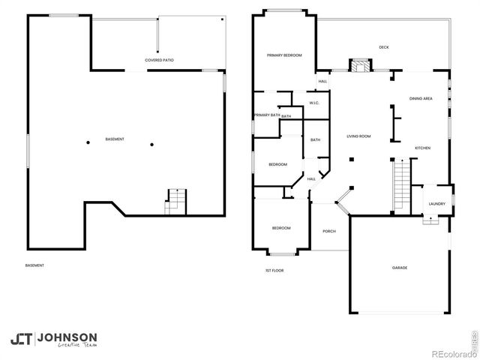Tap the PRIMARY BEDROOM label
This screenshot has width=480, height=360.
[284, 55]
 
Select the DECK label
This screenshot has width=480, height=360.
[383, 47]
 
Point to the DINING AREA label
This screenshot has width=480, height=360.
[420, 98]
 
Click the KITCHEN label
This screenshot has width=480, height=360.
[422, 148]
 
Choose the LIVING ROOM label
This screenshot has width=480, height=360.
[358, 136]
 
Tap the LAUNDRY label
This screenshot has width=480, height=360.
[436, 203]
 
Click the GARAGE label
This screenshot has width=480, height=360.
[398, 268]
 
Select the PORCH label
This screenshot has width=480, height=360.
[329, 231]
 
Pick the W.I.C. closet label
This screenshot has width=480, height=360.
[315, 103]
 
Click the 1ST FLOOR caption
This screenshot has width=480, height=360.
[274, 270]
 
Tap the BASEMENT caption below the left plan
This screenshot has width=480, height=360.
[34, 265]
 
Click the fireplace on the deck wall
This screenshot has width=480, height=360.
[361, 65]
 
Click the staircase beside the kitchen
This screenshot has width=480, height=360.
[401, 184]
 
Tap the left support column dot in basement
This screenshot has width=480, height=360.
[87, 143]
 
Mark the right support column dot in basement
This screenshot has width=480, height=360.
[151, 143]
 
